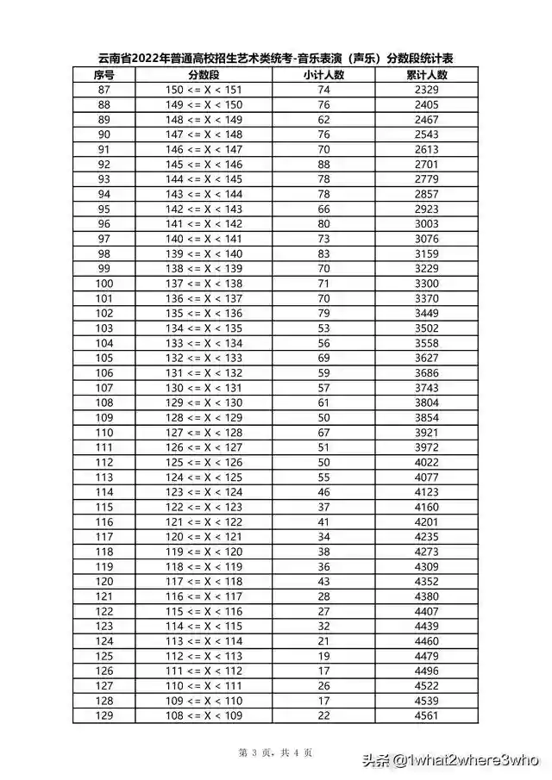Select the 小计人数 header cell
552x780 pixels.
pyautogui.click(x=323, y=75)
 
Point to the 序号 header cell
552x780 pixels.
pyautogui.click(x=104, y=75)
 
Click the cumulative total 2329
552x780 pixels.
pyautogui.click(x=426, y=90)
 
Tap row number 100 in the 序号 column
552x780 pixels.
pyautogui.click(x=104, y=284)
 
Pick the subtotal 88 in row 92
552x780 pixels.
pyautogui.click(x=323, y=165)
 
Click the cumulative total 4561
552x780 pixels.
pyautogui.click(x=426, y=716)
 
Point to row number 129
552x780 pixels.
pyautogui.click(x=104, y=716)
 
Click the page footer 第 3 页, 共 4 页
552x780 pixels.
pyautogui.click(x=276, y=752)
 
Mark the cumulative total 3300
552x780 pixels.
pyautogui.click(x=426, y=284)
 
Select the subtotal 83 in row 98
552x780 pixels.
pyautogui.click(x=323, y=254)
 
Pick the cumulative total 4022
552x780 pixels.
pyautogui.click(x=426, y=463)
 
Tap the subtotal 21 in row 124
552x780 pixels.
pyautogui.click(x=323, y=642)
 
